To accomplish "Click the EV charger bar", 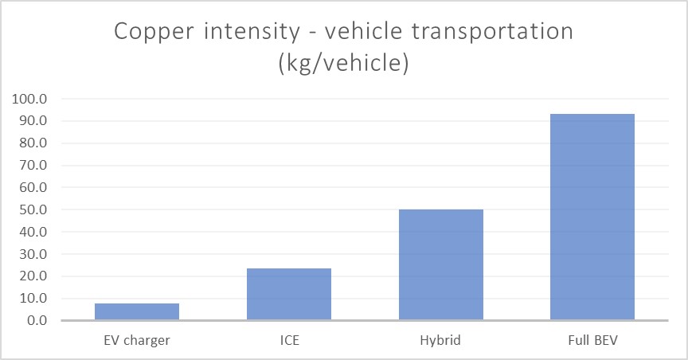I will click(137, 311).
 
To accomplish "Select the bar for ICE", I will click(289, 294).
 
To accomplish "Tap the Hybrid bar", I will click(441, 264).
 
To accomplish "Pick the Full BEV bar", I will click(592, 217).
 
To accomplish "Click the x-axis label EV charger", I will click(137, 340).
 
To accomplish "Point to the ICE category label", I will click(289, 340).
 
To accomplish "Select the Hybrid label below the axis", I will click(441, 340).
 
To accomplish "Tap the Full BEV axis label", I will click(592, 340).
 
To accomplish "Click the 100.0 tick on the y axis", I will click(30, 100).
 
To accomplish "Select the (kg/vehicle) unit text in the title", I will click(343, 64).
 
